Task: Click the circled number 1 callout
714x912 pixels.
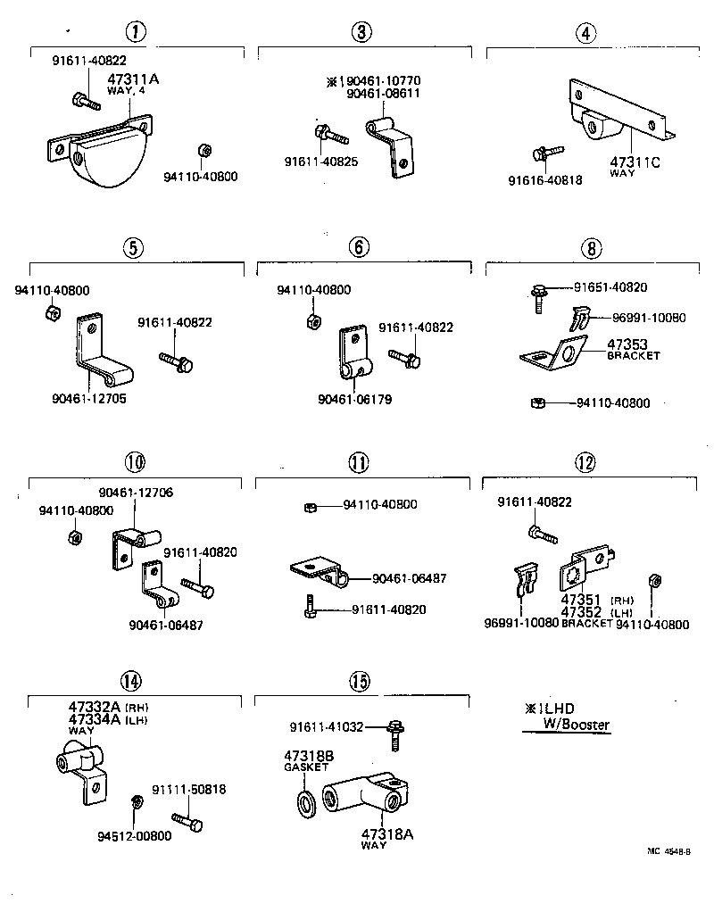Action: pos(134,33)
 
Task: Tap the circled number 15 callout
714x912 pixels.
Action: pos(359,682)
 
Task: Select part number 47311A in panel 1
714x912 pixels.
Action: pos(133,79)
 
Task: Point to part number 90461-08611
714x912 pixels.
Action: pos(384,94)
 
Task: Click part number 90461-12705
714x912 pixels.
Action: pos(88,399)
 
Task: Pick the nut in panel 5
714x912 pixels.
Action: pos(52,313)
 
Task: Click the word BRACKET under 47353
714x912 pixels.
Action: pos(633,355)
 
